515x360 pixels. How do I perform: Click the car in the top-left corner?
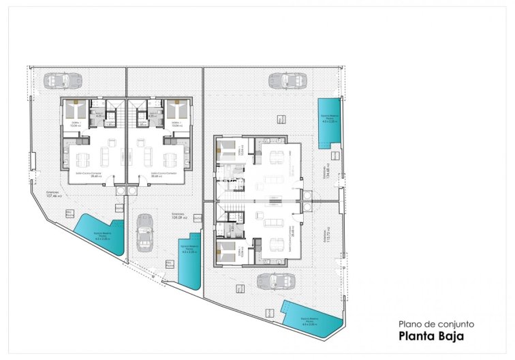[x=57, y=80]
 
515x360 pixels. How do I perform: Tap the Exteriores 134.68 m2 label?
[x=328, y=174]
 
